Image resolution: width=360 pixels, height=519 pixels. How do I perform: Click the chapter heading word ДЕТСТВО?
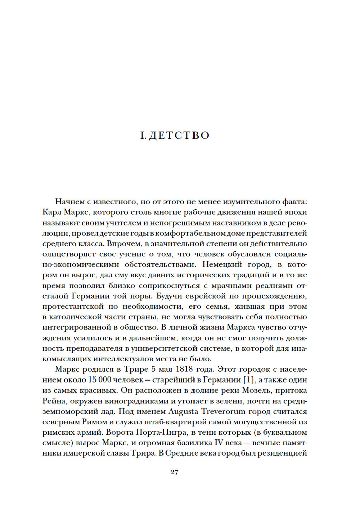tap(179, 135)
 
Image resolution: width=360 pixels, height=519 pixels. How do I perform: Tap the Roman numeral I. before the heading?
tap(143, 135)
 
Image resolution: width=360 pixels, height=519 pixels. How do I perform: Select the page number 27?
tap(175, 472)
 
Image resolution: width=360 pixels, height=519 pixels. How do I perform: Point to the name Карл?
tap(52, 212)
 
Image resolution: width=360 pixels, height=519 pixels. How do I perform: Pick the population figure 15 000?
tap(99, 380)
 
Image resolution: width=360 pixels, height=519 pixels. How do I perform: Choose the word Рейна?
tap(53, 401)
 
